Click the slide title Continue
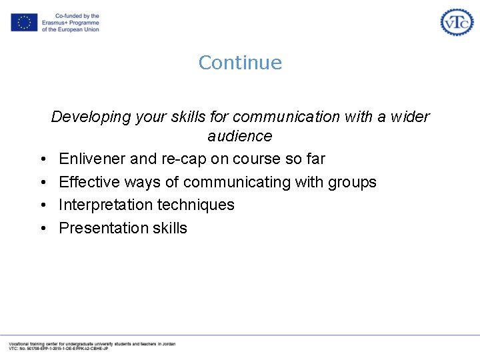point(240,63)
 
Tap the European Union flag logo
point(24,23)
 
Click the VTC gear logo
point(457,22)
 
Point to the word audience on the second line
point(240,136)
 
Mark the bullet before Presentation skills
point(42,228)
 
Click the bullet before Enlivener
point(42,159)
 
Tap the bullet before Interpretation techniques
point(42,205)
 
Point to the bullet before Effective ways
point(42,183)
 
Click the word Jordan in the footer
point(169,343)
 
